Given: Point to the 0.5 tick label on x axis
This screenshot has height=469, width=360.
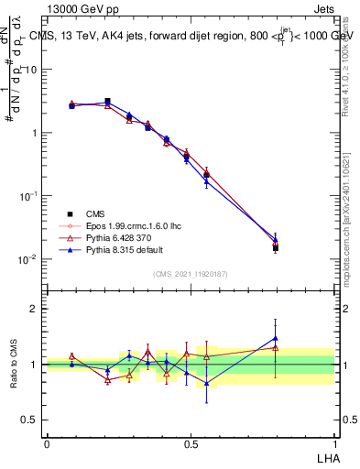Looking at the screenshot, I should [x=191, y=443].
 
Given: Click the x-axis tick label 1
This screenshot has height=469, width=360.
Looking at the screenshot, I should [x=334, y=443].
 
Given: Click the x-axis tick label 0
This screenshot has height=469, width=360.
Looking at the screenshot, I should [x=47, y=443].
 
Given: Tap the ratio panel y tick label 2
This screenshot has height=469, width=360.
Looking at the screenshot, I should [x=34, y=309].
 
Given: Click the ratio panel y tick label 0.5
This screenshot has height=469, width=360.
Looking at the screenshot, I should [x=30, y=420].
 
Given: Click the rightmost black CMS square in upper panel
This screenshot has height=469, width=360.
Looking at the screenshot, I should [x=276, y=247].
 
